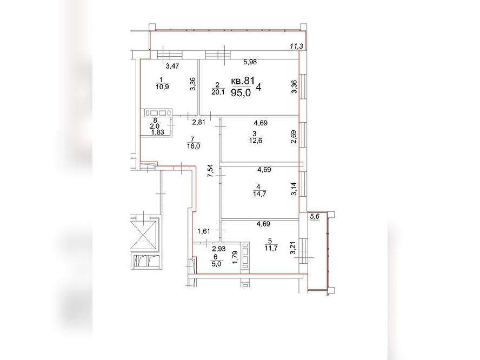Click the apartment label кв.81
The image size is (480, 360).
tap(243, 81)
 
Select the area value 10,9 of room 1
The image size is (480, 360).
tap(162, 87)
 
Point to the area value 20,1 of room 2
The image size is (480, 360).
tap(218, 92)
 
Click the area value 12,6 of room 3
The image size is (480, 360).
tap(256, 141)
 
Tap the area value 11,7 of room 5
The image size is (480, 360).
tap(271, 248)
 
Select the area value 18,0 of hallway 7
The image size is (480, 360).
tap(194, 146)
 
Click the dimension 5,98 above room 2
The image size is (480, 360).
tap(250, 62)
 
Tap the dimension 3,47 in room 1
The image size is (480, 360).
tap(172, 65)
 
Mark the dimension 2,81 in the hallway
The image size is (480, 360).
tap(198, 123)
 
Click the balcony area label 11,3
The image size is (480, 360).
tap(296, 46)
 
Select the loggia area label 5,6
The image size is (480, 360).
tap(315, 217)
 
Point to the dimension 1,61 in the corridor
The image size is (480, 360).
tap(204, 231)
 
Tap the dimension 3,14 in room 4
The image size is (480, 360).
tap(294, 189)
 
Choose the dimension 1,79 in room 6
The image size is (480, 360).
tap(235, 257)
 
